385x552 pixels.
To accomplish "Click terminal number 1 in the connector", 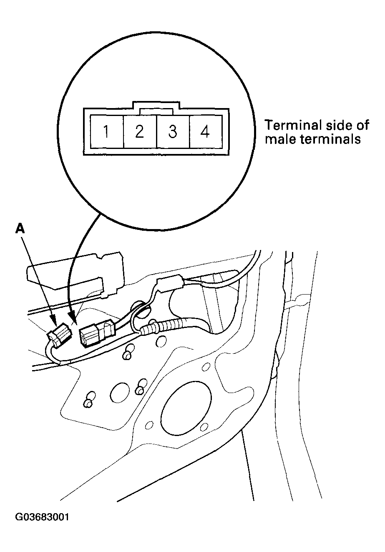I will (107, 132).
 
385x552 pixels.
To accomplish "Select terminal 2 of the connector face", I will (140, 132).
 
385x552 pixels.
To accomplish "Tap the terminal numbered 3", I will (173, 132).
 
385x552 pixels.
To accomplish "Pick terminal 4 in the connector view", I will (205, 132).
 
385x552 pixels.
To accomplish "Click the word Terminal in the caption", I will (291, 125).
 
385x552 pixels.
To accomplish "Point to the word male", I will (280, 139).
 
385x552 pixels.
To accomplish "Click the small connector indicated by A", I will (59, 334).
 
